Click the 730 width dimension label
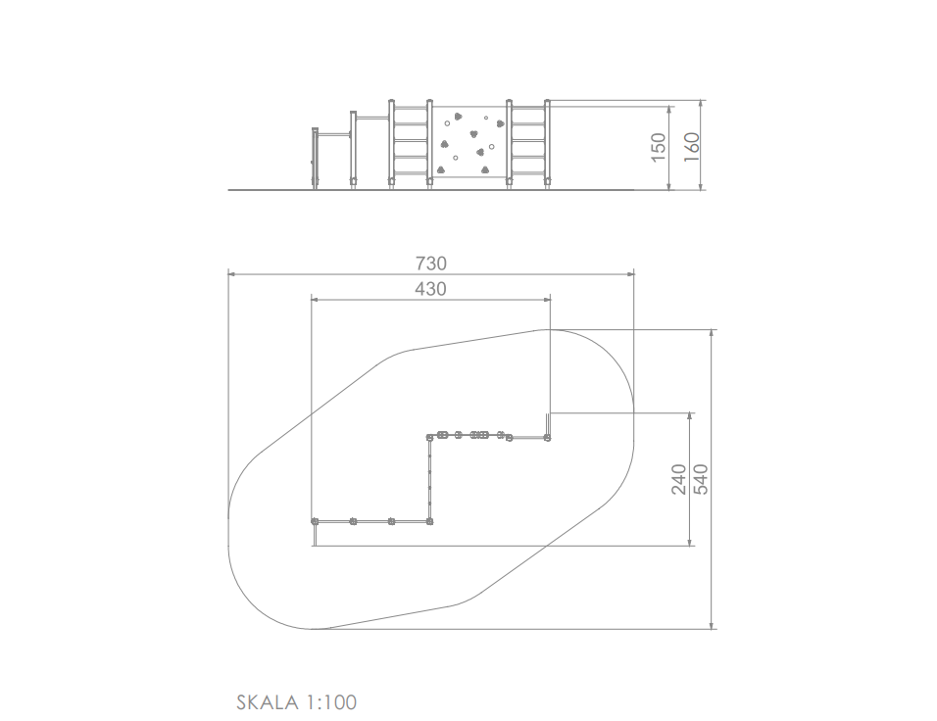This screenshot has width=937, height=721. click(431, 264)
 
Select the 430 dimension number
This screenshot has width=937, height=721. click(431, 289)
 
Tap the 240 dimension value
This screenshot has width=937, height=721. click(679, 479)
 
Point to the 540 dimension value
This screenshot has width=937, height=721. click(701, 479)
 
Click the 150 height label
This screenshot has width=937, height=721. click(658, 147)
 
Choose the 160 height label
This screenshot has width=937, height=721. click(691, 147)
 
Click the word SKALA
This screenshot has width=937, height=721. click(268, 701)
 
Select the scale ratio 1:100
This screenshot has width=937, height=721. click(331, 701)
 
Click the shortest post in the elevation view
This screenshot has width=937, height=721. click(315, 159)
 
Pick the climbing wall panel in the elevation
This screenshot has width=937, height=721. click(469, 142)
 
